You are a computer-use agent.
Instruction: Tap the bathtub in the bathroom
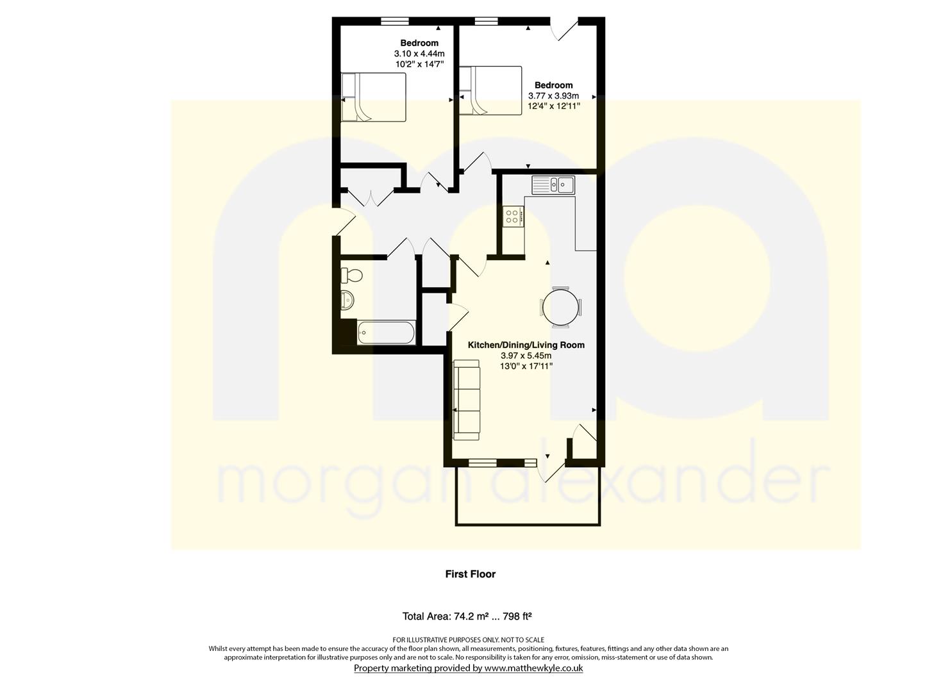385,332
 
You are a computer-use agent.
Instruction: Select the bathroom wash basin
347,301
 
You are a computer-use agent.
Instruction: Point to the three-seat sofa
466,400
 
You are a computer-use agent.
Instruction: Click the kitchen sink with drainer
553,185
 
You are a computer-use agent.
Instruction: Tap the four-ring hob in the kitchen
513,216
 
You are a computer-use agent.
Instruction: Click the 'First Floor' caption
470,574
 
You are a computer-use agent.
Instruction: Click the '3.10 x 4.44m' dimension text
419,54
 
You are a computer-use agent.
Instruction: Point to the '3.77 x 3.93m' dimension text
553,96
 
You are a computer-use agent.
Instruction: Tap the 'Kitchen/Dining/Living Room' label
526,345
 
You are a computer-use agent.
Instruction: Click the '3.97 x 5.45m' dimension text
526,356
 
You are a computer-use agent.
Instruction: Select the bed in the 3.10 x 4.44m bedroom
373,97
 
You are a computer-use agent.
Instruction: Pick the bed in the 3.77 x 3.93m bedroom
490,90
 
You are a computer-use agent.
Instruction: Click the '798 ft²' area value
517,616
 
